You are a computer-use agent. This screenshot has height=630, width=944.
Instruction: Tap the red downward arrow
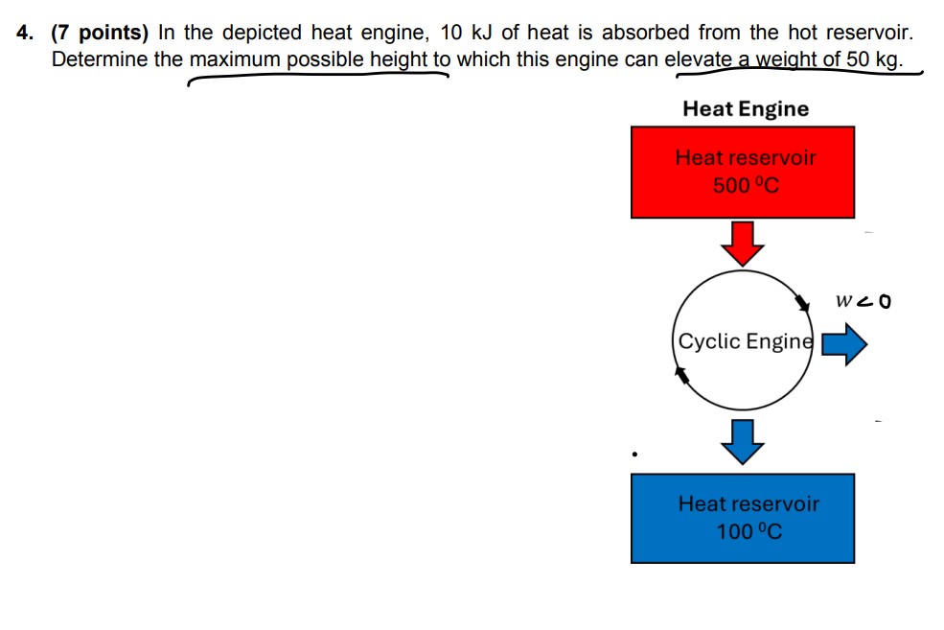click(743, 244)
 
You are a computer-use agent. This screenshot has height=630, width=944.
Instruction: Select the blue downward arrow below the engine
click(743, 441)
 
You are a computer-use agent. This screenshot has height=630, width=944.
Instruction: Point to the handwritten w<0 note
click(863, 301)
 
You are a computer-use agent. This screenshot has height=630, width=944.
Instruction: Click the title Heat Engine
click(745, 108)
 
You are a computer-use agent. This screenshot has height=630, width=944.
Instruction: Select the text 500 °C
click(746, 184)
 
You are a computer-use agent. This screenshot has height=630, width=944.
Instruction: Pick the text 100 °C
click(748, 530)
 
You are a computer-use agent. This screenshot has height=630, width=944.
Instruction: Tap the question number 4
click(25, 33)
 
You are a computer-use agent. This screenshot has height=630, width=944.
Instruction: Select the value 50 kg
click(872, 59)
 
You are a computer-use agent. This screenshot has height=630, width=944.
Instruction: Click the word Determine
click(100, 59)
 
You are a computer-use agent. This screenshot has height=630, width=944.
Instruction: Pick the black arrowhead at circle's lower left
click(683, 376)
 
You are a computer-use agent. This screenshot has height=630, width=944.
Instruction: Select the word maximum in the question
click(236, 59)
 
